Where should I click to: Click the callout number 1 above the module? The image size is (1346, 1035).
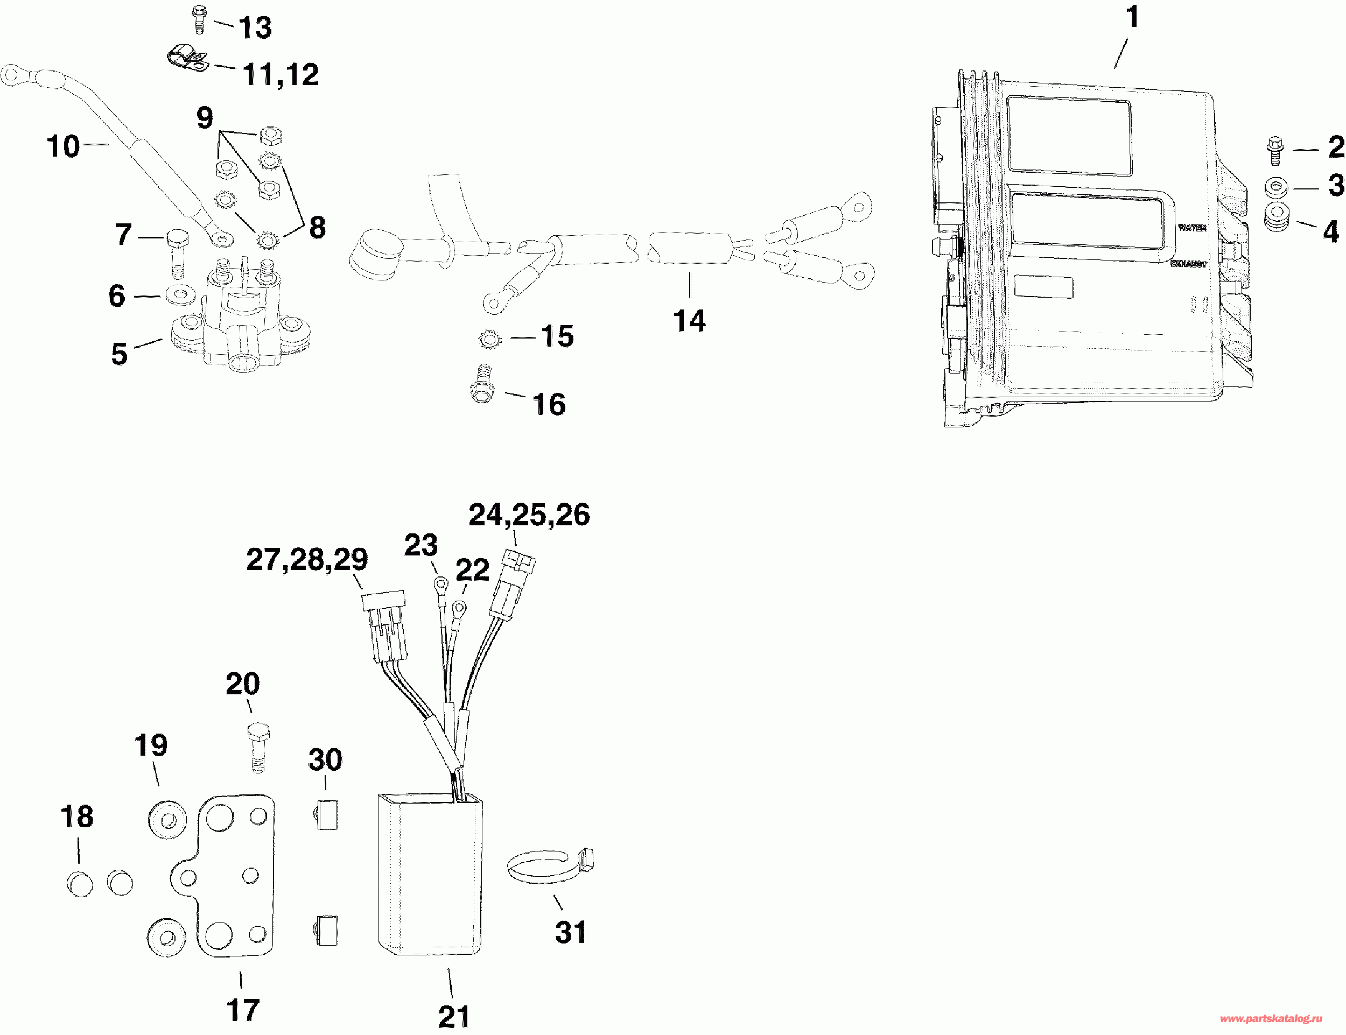[x=1132, y=17]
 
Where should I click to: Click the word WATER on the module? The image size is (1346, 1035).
[x=1192, y=228]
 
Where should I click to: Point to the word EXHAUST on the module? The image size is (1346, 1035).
[x=1188, y=264]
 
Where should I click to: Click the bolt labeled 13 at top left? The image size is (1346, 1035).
[x=199, y=19]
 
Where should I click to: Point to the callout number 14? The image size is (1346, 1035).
[x=689, y=321]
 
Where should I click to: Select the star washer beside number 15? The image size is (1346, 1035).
[x=490, y=339]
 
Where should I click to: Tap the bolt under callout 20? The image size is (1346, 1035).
[x=258, y=747]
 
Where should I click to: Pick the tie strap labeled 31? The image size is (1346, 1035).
[x=549, y=865]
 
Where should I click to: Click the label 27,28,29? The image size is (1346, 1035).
[x=307, y=559]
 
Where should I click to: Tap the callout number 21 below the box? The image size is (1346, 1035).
[x=453, y=1016]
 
